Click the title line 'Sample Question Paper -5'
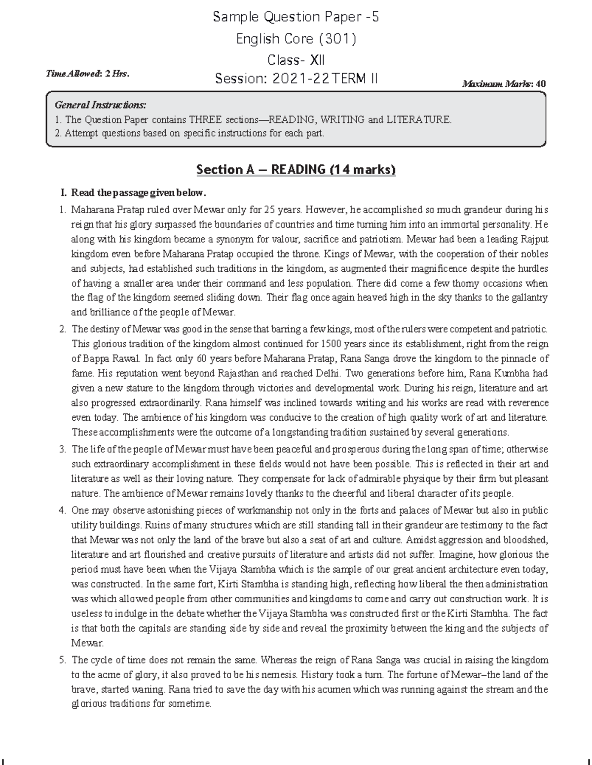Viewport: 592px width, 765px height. point(296,17)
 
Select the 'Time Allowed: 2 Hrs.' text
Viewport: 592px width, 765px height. point(87,73)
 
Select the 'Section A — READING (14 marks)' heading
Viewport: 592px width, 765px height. point(296,170)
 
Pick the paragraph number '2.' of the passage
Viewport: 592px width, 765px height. point(62,328)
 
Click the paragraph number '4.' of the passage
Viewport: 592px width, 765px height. point(62,510)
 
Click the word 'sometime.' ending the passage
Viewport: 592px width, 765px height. point(189,704)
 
